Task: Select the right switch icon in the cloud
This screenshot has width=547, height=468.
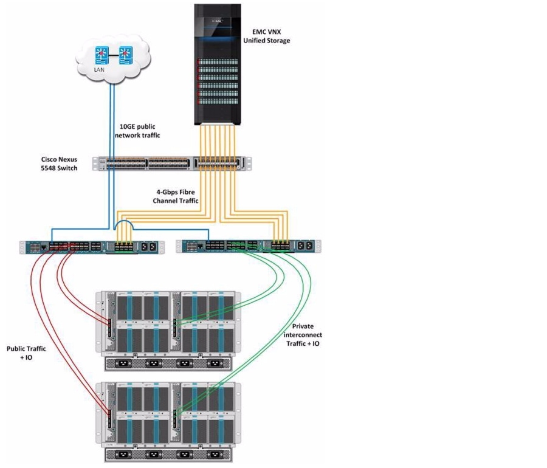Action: point(125,55)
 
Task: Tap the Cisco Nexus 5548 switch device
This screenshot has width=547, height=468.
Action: point(171,163)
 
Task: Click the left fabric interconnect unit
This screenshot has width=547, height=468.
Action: point(91,246)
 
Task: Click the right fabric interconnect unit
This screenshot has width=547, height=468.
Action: point(248,246)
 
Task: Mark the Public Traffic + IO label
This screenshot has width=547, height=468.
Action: point(25,353)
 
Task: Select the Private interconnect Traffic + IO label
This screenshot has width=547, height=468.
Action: point(303,335)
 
